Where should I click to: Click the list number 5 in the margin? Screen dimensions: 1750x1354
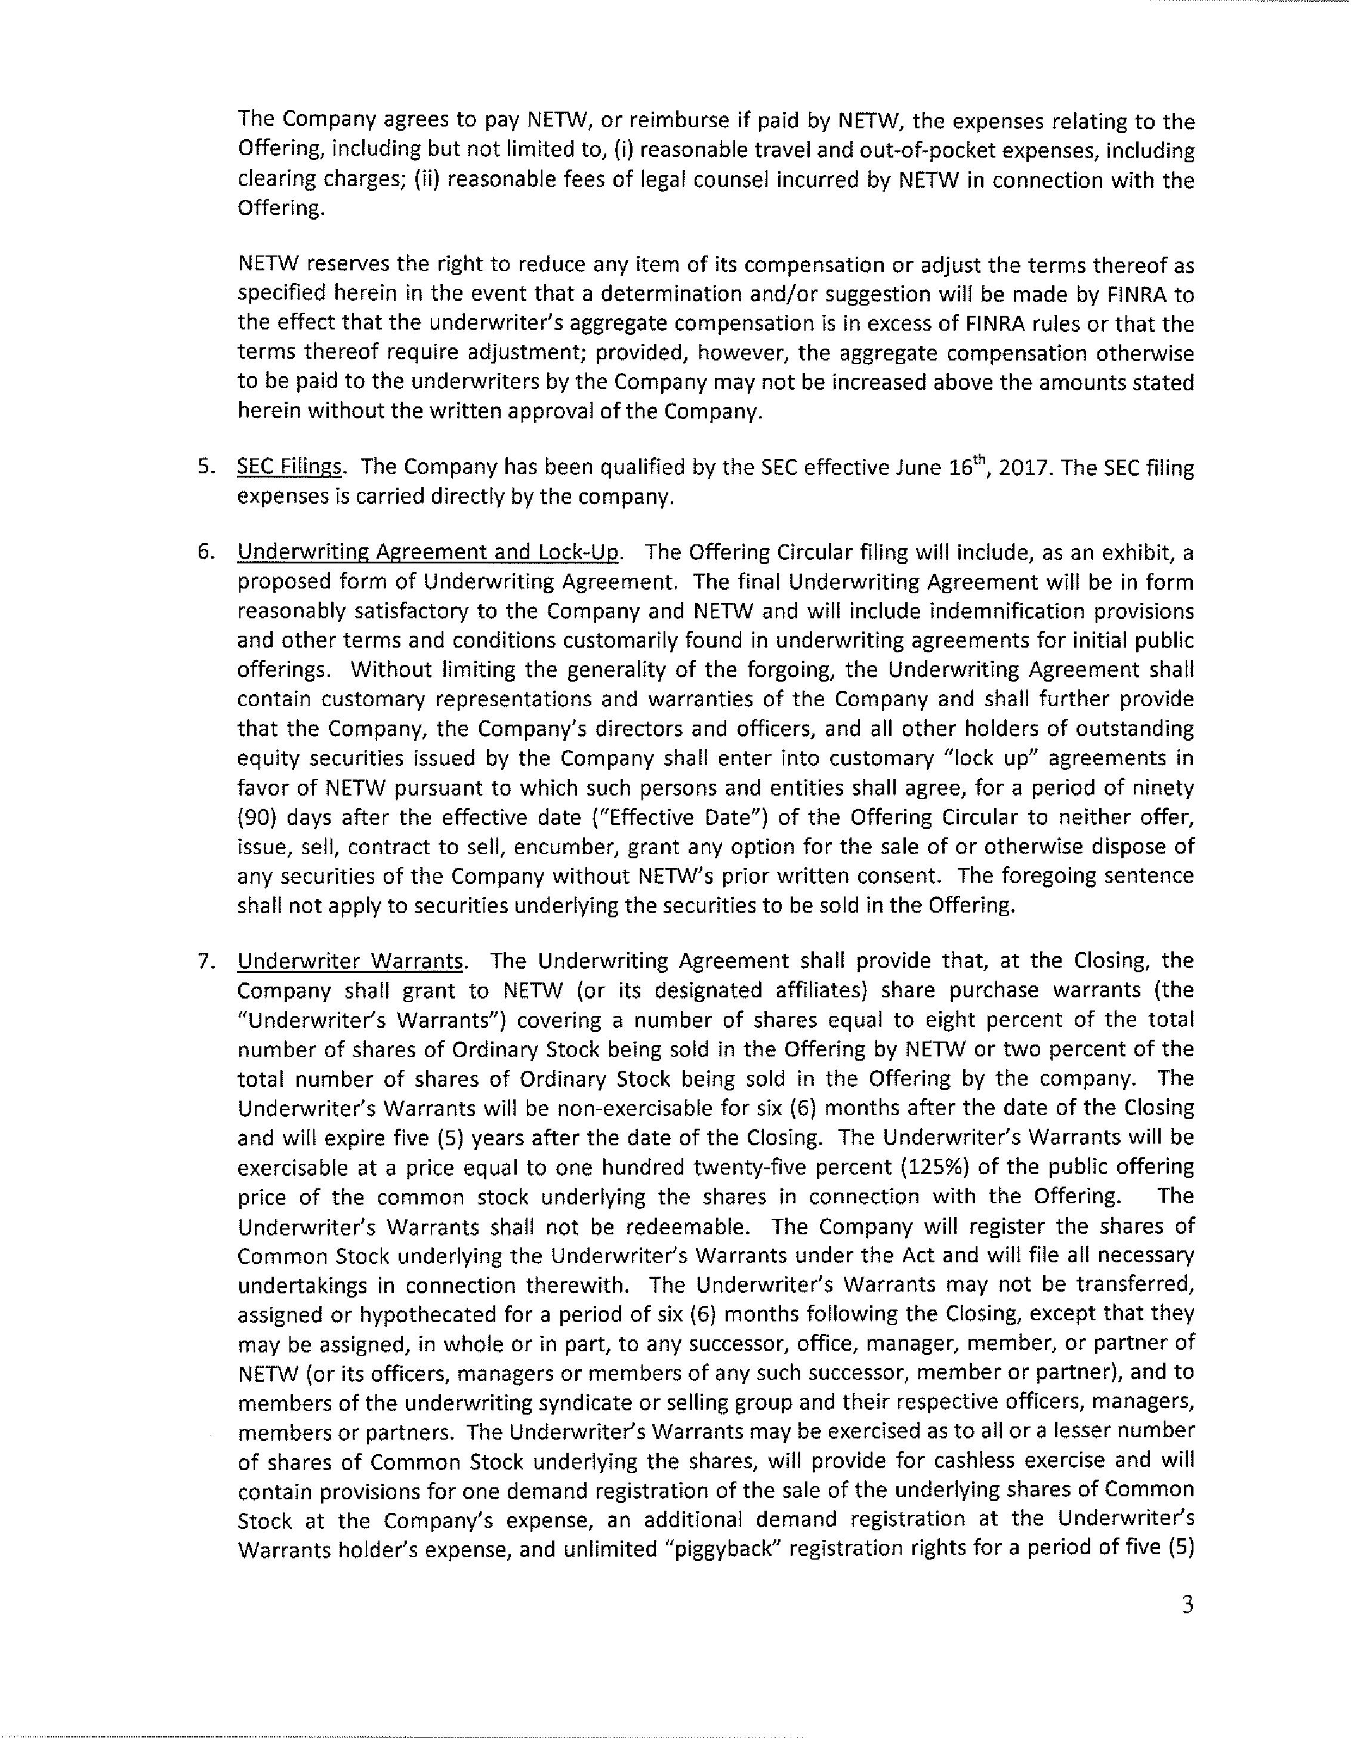tap(205, 467)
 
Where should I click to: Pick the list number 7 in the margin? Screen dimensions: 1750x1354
tap(205, 961)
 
